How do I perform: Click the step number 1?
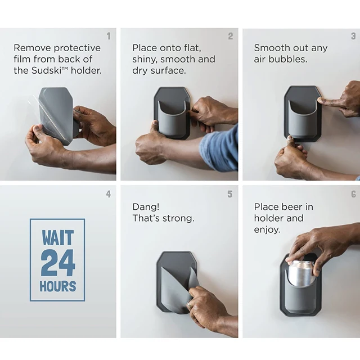109,36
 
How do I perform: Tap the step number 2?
231,36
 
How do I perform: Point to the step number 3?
353,36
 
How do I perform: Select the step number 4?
109,194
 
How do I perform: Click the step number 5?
230,194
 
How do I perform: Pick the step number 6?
354,194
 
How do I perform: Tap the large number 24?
58,263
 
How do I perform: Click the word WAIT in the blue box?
57,238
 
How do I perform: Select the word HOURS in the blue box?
58,286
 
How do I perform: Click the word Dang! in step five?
146,207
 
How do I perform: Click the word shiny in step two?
145,60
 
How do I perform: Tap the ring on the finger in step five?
190,303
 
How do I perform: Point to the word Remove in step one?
32,48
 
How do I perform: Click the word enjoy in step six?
267,230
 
